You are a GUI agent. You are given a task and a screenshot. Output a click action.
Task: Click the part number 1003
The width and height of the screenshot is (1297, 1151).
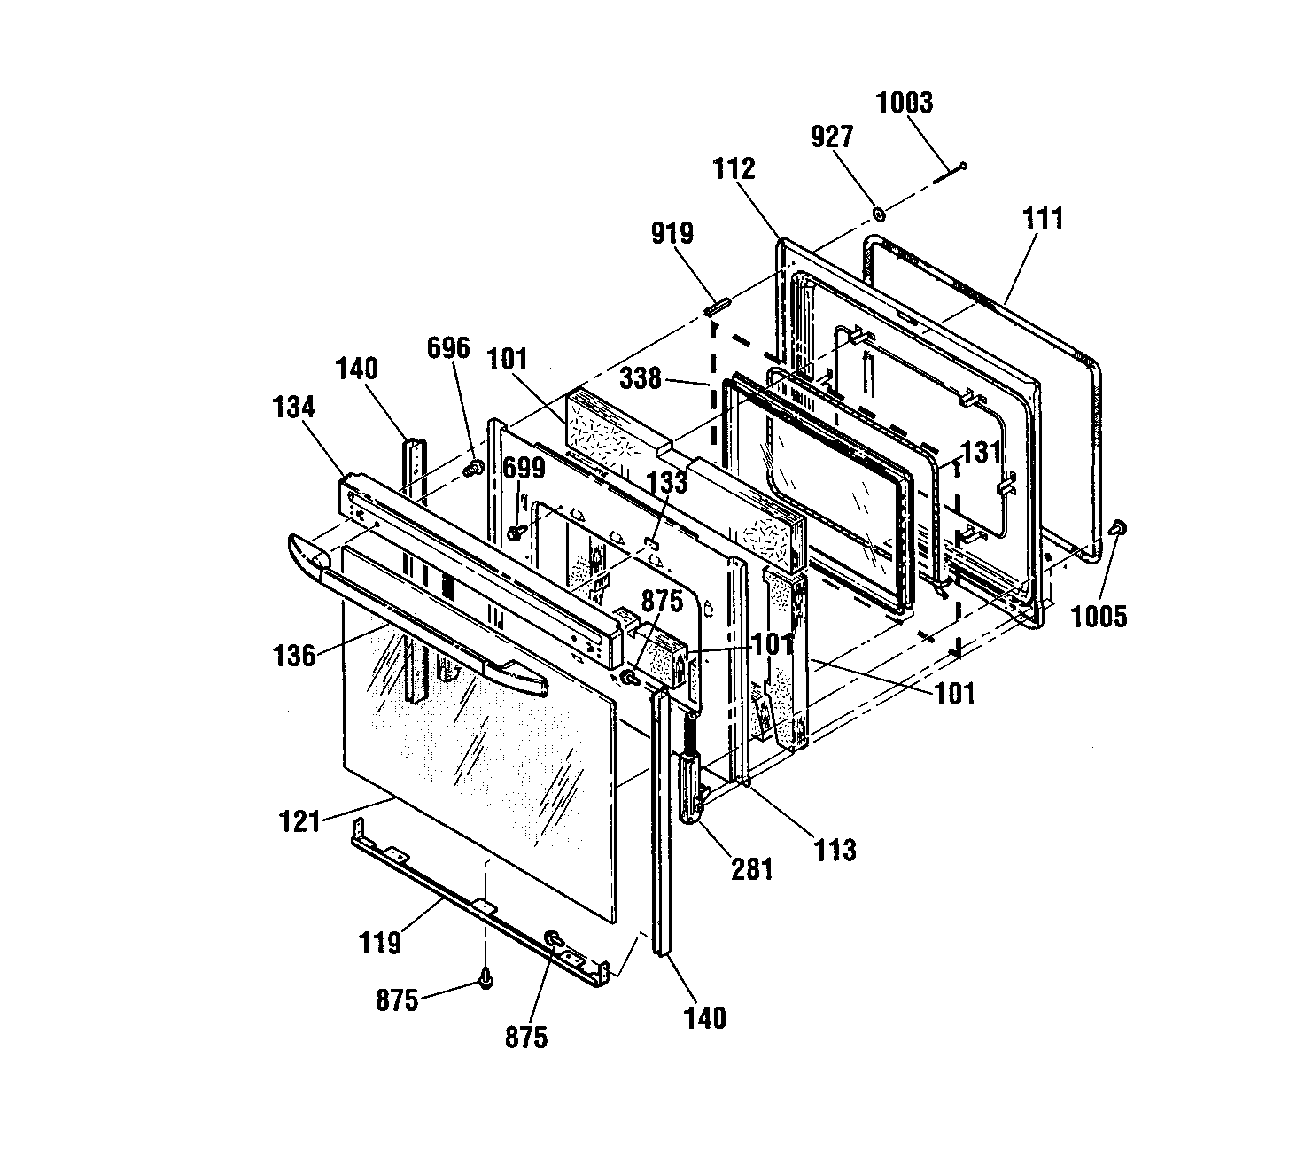coord(904,103)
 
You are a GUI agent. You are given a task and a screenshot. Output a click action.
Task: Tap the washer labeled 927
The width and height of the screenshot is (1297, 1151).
coord(878,214)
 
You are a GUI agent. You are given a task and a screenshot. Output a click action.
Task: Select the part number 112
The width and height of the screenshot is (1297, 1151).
coord(734,169)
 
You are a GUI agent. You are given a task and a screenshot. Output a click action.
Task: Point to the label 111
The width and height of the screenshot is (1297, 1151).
coord(1043,218)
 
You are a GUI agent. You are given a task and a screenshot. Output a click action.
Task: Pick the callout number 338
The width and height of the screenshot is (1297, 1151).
coord(641,377)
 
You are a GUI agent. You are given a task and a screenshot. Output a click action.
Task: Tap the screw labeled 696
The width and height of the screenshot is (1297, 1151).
coord(473,468)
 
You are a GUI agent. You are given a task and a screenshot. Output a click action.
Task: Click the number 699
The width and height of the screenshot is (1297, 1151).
coord(524,468)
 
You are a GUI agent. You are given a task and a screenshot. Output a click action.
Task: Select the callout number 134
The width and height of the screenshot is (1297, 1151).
coord(294,407)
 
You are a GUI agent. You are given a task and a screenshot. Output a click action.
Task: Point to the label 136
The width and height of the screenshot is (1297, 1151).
coord(294,656)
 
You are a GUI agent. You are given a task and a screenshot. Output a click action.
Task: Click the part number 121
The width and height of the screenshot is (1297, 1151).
coord(299,821)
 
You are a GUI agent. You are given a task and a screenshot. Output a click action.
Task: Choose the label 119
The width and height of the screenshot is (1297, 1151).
coord(380,943)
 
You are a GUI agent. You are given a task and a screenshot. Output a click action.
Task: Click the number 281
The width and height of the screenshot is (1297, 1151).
coord(752,869)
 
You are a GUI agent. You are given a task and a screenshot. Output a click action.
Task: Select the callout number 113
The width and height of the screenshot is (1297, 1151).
coord(835,850)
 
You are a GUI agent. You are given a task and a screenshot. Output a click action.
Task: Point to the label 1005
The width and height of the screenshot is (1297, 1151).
coord(1099,616)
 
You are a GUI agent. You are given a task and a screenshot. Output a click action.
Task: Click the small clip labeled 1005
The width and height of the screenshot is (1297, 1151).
coord(1118,528)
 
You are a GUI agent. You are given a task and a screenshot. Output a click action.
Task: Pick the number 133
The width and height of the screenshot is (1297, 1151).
coord(667,482)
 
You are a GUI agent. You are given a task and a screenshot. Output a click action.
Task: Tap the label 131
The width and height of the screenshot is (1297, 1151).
coord(981,452)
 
